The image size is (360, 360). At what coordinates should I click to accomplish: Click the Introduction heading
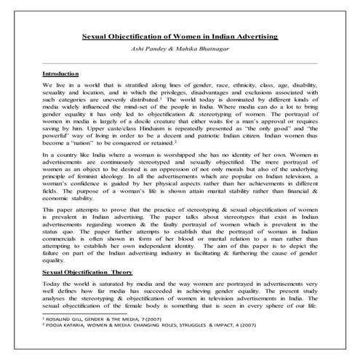pyautogui.click(x=61, y=75)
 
